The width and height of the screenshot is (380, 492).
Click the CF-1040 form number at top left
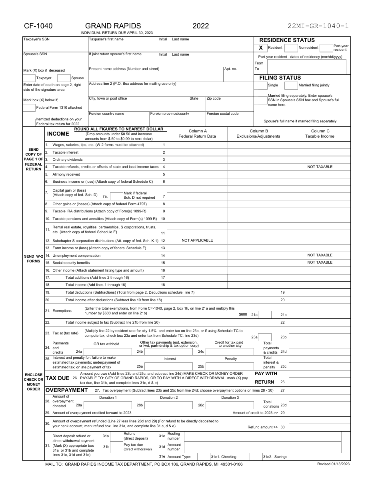pyautogui.click(x=38, y=26)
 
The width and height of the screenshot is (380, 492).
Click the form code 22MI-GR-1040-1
pyautogui.click(x=318, y=26)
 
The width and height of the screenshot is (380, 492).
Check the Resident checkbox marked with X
pyautogui.click(x=261, y=48)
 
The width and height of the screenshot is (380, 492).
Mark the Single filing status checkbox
pyautogui.click(x=261, y=86)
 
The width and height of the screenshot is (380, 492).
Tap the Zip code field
pyautogui.click(x=229, y=105)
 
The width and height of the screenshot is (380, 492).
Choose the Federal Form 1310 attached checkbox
pyautogui.click(x=29, y=108)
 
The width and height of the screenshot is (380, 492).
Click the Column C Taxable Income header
pyautogui.click(x=320, y=134)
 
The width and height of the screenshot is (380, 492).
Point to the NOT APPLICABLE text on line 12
pyautogui.click(x=197, y=240)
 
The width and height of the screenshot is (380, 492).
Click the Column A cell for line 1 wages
pyautogui.click(x=197, y=145)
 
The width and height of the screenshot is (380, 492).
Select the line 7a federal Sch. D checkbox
pyautogui.click(x=116, y=196)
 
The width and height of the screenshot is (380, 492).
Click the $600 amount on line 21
pyautogui.click(x=243, y=315)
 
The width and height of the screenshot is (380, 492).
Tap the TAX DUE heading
pyautogui.click(x=58, y=378)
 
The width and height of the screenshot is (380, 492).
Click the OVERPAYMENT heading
pyautogui.click(x=66, y=390)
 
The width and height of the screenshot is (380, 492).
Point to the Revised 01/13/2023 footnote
pyautogui.click(x=333, y=464)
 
